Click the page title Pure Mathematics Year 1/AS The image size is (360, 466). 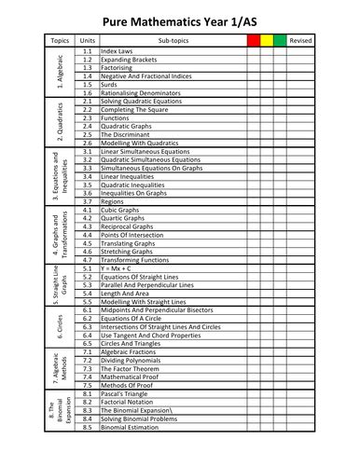(179, 15)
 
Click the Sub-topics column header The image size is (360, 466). (168, 41)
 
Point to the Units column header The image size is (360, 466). (88, 41)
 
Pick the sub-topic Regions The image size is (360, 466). (117, 201)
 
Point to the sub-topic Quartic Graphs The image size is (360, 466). (127, 219)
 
